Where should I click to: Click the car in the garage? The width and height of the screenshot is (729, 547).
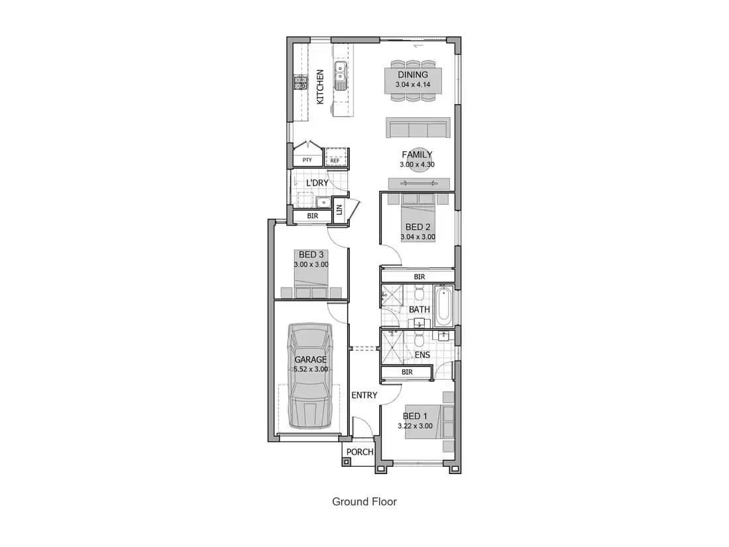pos(310,376)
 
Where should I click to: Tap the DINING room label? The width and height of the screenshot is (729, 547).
pos(413,74)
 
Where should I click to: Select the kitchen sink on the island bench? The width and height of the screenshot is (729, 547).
pos(341,75)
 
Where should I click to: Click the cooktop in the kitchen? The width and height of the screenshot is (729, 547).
pos(300,82)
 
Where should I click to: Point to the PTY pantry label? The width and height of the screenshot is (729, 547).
pos(307,160)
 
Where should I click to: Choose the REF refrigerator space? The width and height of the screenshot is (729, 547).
pos(335,156)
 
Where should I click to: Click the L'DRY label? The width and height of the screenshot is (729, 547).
pos(317,183)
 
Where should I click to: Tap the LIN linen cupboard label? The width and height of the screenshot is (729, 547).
pos(339,210)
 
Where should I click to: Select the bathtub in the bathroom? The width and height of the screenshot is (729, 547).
pos(443,306)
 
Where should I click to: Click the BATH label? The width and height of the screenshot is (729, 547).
pos(420,310)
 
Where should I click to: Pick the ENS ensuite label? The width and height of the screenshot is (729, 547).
pos(422,355)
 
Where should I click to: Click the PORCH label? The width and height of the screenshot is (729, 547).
pos(360,452)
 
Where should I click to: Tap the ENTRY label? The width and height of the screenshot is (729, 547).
pos(364,395)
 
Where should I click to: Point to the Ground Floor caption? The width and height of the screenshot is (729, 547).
pos(364,501)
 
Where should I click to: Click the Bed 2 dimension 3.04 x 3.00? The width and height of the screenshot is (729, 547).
pos(418,237)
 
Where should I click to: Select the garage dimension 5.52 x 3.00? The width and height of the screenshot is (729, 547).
pos(311,369)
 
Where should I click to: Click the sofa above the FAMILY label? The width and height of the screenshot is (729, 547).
pos(418,127)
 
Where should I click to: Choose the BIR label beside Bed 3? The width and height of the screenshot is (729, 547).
pos(312,216)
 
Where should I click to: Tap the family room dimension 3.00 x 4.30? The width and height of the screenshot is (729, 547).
pos(417,164)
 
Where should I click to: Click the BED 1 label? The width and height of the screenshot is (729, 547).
pos(415,416)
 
